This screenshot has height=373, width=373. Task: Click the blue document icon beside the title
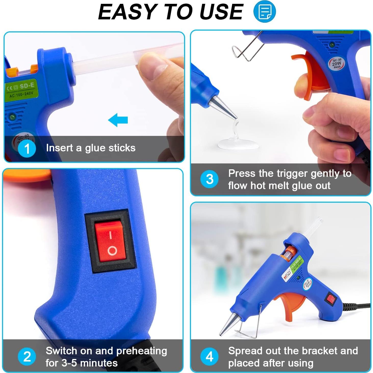(265, 11)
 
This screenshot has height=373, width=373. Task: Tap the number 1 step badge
(27, 148)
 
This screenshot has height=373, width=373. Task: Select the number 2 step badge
(27, 356)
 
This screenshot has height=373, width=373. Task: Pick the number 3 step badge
(209, 179)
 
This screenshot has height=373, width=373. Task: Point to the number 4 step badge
(209, 356)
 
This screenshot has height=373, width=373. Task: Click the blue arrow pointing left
(118, 120)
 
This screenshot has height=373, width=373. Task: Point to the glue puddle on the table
(238, 144)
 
